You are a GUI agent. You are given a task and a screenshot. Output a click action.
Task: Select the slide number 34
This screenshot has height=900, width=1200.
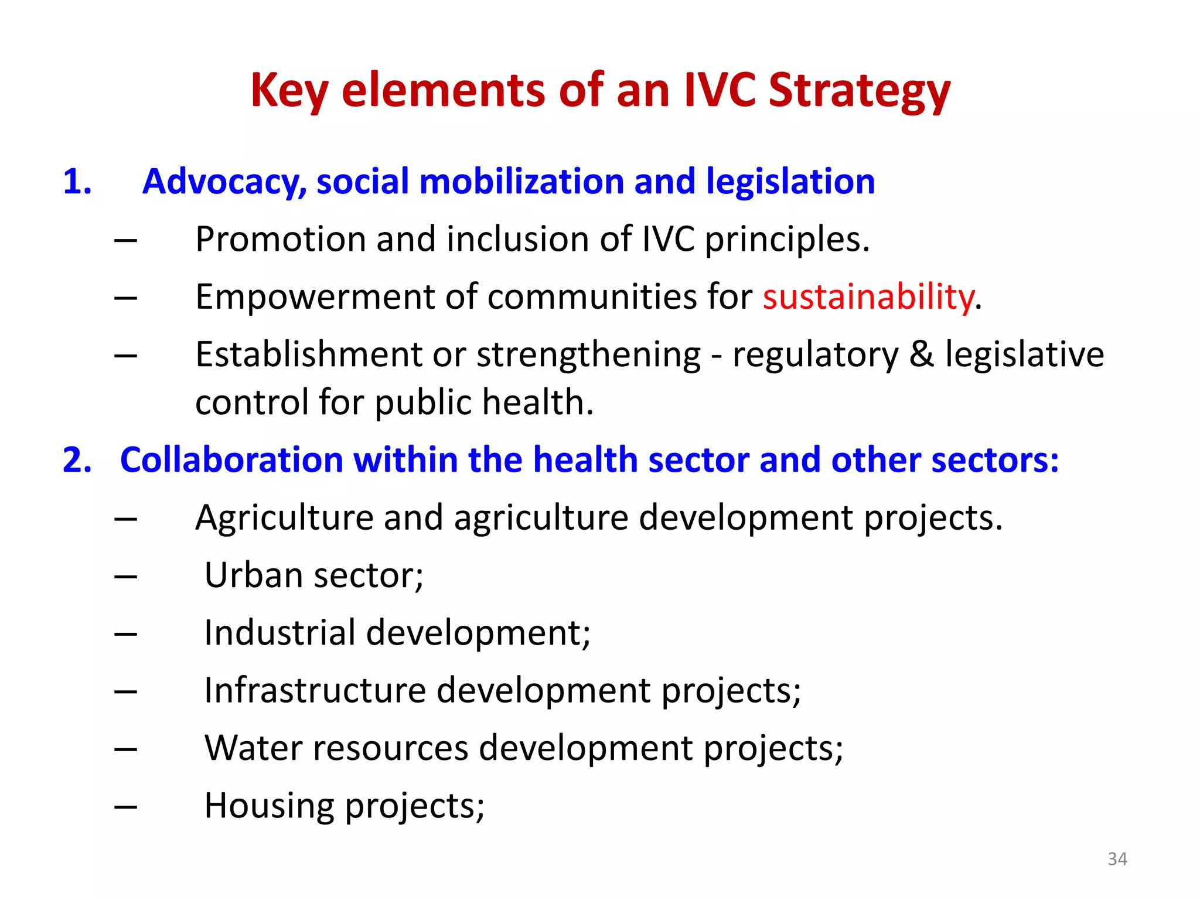(1117, 859)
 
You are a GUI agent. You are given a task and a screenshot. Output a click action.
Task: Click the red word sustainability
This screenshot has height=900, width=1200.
(868, 297)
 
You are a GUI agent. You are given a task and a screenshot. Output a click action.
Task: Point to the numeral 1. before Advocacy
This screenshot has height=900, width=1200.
(77, 182)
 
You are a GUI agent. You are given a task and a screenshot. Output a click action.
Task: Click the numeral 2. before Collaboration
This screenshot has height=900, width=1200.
(77, 460)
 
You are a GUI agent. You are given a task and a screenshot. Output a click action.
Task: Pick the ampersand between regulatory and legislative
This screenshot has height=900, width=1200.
(922, 355)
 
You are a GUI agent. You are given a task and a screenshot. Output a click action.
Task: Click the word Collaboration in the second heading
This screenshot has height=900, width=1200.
(232, 460)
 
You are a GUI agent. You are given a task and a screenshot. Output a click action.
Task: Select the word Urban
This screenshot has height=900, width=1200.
(253, 575)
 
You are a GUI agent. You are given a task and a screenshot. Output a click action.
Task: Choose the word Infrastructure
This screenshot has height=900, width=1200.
(315, 691)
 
